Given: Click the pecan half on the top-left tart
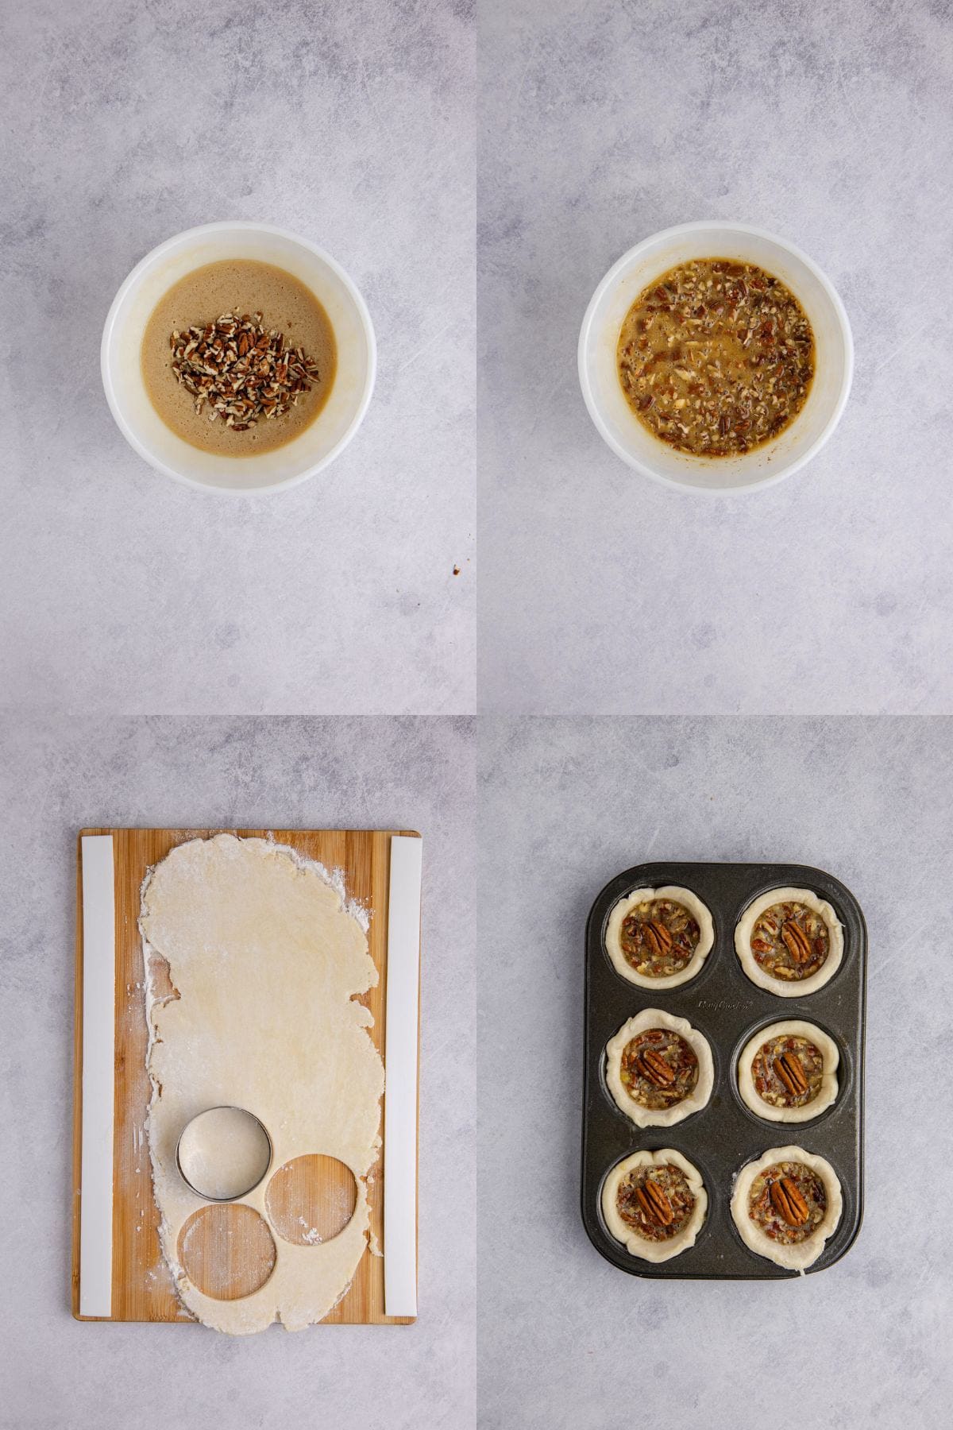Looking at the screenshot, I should (x=659, y=938).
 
